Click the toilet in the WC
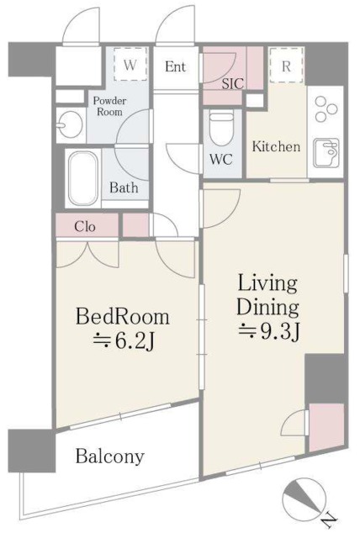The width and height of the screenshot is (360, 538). tap(220, 129)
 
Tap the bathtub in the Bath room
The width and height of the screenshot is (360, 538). tap(82, 178)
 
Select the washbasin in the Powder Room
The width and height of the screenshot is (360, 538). tap(70, 124)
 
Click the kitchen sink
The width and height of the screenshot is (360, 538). tap(327, 153)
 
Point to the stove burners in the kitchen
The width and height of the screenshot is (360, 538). tap(326, 108)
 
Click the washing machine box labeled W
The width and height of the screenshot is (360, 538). tap(130, 65)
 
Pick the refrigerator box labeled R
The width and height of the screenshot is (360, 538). tap(287, 66)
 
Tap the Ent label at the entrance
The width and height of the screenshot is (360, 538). tap(175, 66)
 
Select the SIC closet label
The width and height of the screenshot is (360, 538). tap(233, 83)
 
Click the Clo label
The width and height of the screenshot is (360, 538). tap(85, 226)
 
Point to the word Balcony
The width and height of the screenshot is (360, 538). tap(110, 456)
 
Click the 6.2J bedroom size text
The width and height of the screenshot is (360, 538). tap(124, 342)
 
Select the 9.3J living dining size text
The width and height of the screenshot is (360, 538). tap(269, 331)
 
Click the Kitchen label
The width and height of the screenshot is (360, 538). tap(276, 146)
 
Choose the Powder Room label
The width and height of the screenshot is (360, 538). tap(109, 106)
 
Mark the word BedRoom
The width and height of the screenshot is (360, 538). tap(123, 316)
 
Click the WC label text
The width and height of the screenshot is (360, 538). tap(221, 159)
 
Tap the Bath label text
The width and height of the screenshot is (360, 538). tap(124, 187)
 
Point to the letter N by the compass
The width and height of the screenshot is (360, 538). tap(330, 524)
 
